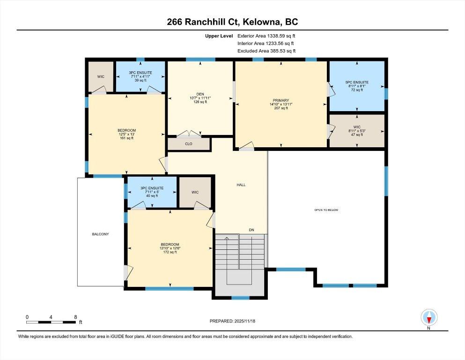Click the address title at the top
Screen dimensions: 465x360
pyautogui.click(x=232, y=22)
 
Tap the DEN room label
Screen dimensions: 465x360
pyautogui.click(x=200, y=94)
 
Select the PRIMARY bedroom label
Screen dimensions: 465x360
pyautogui.click(x=281, y=100)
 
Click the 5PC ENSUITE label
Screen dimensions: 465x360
pyautogui.click(x=357, y=82)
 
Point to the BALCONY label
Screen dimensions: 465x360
pyautogui.click(x=100, y=234)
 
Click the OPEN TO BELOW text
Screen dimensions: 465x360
pyautogui.click(x=326, y=210)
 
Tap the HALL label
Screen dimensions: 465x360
pyautogui.click(x=241, y=185)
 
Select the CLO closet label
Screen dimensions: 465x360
pyautogui.click(x=189, y=143)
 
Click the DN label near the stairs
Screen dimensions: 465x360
pyautogui.click(x=251, y=230)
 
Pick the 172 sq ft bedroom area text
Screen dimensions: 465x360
pyautogui.click(x=170, y=252)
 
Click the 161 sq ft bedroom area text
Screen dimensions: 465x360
pyautogui.click(x=126, y=138)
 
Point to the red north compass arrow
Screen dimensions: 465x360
pyautogui.click(x=429, y=320)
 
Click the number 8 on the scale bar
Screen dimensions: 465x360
pyautogui.click(x=75, y=317)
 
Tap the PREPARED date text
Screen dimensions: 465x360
pyautogui.click(x=232, y=321)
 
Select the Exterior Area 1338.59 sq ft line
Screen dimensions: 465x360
pyautogui.click(x=266, y=36)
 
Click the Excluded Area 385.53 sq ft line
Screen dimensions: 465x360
pyautogui.click(x=266, y=51)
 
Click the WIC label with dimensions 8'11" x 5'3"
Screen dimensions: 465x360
pyautogui.click(x=357, y=131)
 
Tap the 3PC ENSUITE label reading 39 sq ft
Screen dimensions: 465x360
pyautogui.click(x=140, y=76)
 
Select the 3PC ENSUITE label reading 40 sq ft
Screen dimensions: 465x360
pyautogui.click(x=152, y=192)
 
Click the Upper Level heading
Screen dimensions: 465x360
pyautogui.click(x=219, y=36)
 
